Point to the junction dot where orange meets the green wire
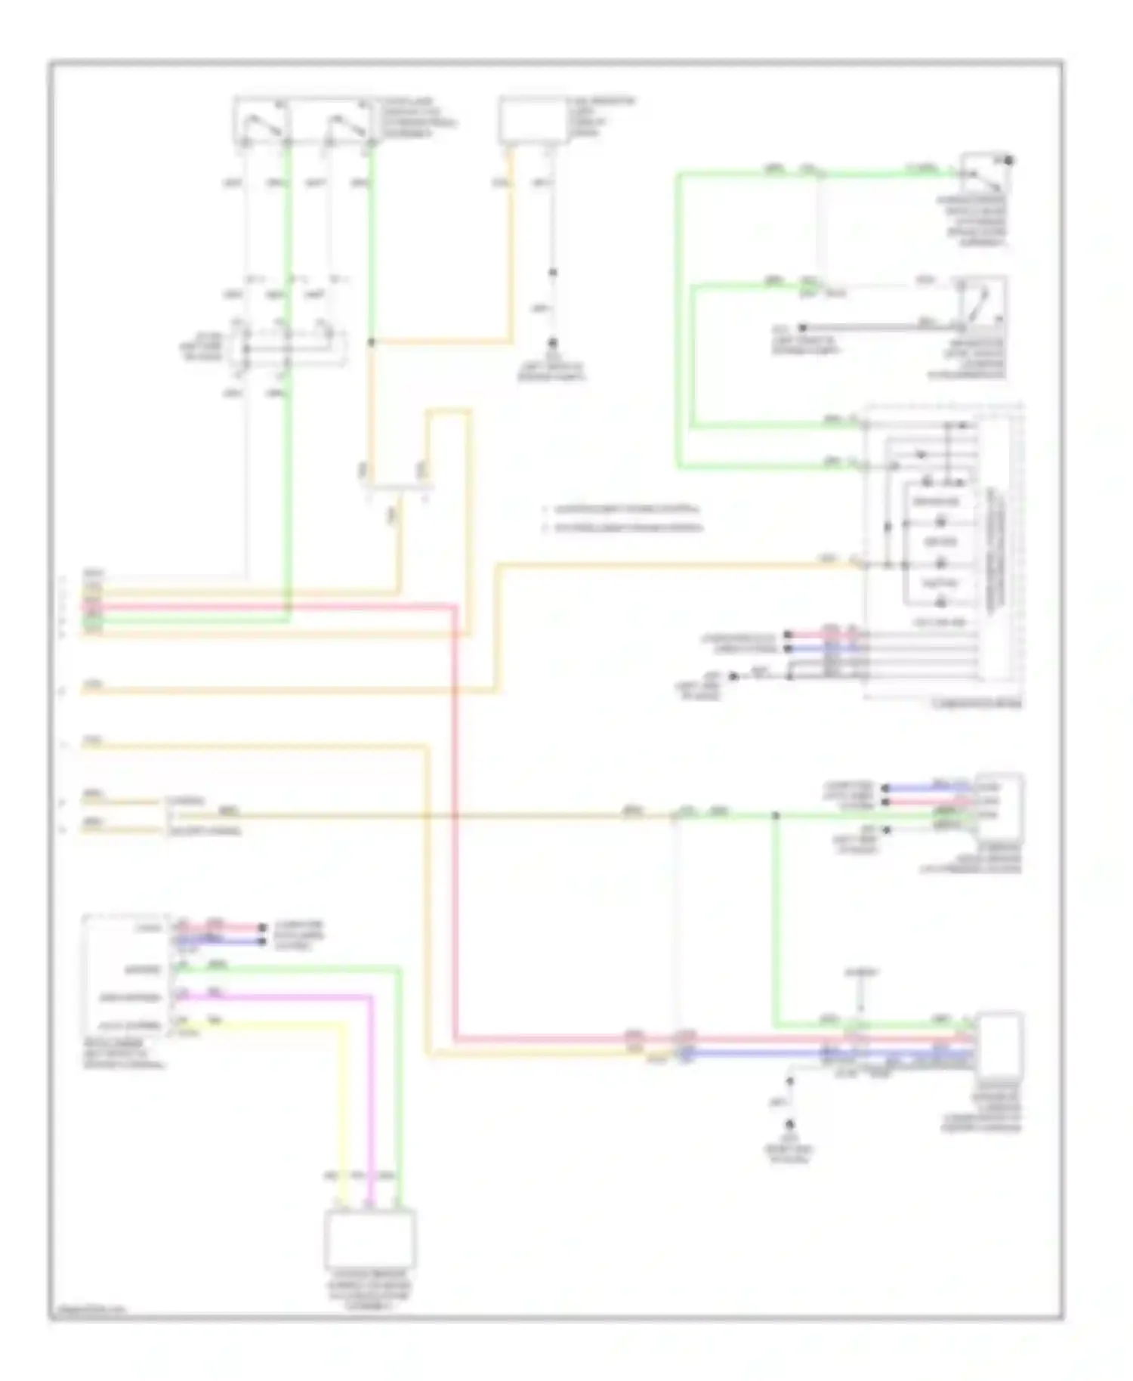point(371,342)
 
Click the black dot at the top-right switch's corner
point(1008,160)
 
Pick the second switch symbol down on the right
point(980,301)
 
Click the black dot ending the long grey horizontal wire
point(803,328)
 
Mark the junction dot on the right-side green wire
point(775,815)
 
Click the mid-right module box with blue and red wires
point(999,807)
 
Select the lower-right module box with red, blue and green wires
point(999,1043)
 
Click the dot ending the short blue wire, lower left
point(262,941)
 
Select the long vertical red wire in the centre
point(456,823)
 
